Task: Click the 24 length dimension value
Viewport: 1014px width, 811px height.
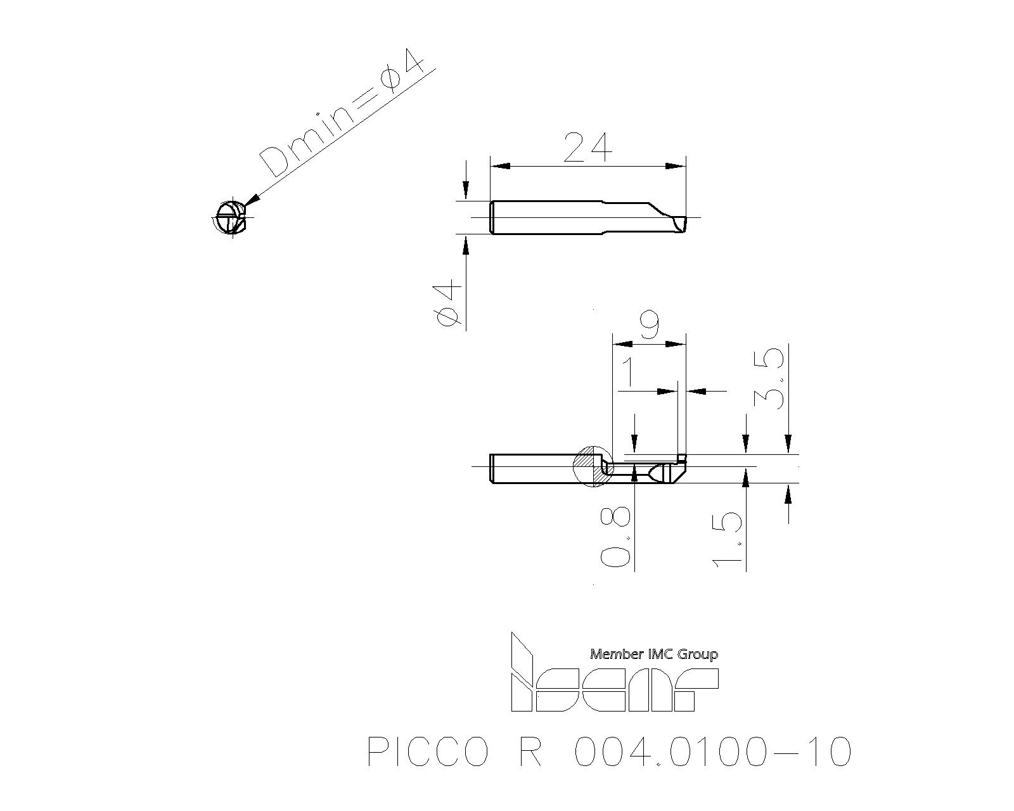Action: (x=587, y=148)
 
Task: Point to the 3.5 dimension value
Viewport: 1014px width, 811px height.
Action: (x=769, y=378)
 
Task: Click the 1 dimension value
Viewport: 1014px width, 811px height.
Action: (x=627, y=373)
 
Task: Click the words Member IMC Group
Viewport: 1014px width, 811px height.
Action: (x=654, y=654)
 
